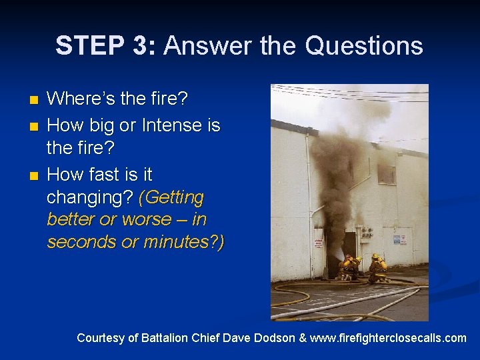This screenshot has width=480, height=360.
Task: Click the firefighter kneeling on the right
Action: click(378, 268)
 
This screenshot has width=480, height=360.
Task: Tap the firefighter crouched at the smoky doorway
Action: click(347, 267)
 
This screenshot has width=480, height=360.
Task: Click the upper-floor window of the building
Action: click(386, 174)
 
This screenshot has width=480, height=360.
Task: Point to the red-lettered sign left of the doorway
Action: click(319, 239)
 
